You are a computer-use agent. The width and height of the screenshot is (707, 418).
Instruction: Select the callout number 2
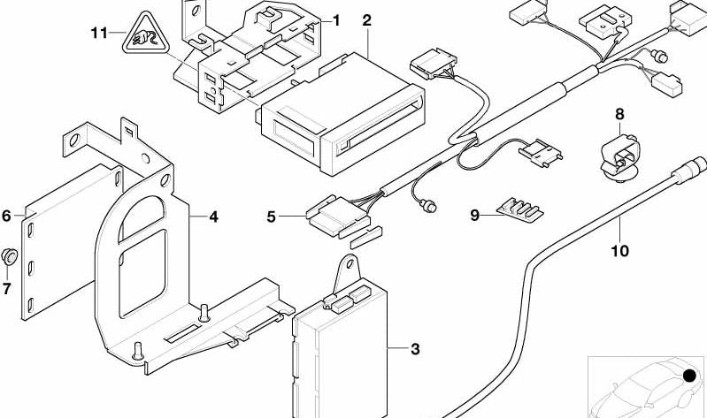[366, 19]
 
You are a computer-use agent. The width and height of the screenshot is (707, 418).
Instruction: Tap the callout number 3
[414, 349]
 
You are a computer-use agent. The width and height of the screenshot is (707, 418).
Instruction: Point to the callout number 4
[213, 215]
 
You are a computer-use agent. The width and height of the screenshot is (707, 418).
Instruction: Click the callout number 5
[273, 215]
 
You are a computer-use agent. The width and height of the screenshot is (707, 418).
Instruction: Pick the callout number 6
[7, 215]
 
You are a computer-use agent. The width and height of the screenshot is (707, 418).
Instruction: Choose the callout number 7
[7, 288]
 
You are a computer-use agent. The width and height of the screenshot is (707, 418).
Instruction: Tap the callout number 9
[474, 215]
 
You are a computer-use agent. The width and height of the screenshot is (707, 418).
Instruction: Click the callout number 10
[619, 251]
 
